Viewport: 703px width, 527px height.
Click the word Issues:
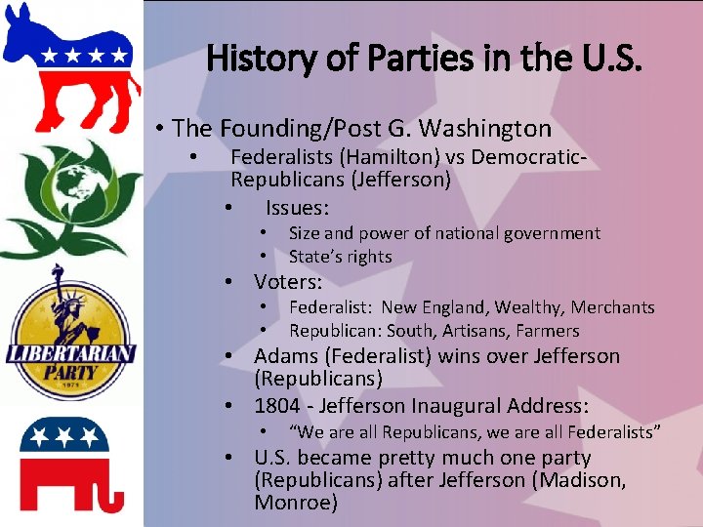click(297, 208)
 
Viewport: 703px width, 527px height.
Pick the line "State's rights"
click(340, 257)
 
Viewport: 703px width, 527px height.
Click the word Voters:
click(288, 282)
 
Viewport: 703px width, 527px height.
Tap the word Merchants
click(612, 307)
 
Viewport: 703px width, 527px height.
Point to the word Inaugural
click(459, 406)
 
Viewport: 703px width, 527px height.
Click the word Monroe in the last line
click(295, 504)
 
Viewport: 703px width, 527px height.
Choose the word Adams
click(285, 356)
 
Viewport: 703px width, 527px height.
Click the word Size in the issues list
click(304, 233)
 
